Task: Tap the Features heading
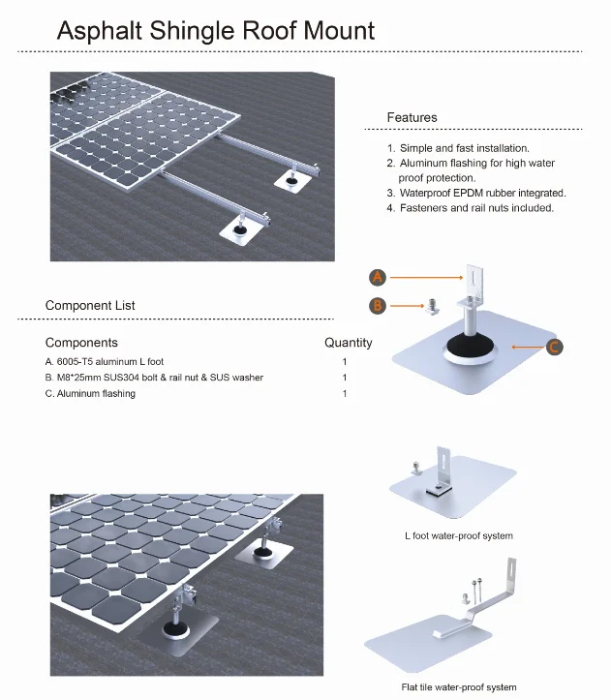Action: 412,117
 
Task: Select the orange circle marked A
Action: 379,277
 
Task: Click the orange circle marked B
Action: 379,306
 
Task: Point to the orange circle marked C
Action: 555,346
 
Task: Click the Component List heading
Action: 90,306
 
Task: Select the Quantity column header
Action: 348,343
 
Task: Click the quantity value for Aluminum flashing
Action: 344,394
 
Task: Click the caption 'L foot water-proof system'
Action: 458,535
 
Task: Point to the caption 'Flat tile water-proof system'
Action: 458,687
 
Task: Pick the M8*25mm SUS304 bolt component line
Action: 154,378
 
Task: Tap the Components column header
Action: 81,343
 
